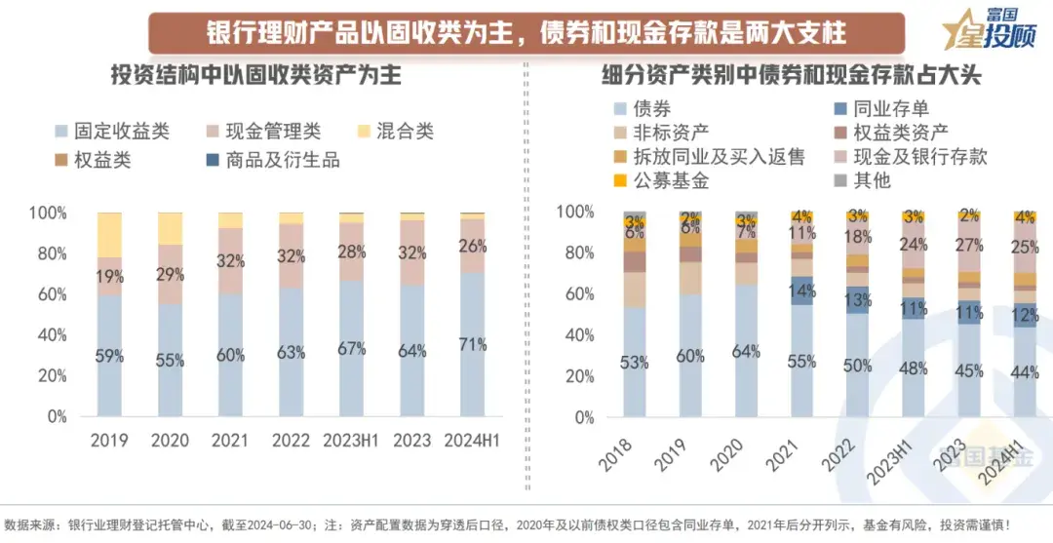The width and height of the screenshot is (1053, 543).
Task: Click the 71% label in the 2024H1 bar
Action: pyautogui.click(x=472, y=344)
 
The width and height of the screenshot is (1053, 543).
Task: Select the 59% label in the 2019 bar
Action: pyautogui.click(x=109, y=356)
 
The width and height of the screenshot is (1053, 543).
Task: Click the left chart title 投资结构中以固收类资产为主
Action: pyautogui.click(x=255, y=75)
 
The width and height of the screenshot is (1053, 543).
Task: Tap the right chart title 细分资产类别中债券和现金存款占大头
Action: pyautogui.click(x=791, y=75)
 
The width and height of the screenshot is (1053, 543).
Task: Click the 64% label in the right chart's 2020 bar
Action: pyautogui.click(x=746, y=352)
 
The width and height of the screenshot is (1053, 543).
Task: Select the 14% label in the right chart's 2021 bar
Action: pyautogui.click(x=801, y=290)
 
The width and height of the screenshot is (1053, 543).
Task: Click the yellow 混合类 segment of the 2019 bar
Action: pyautogui.click(x=109, y=234)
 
